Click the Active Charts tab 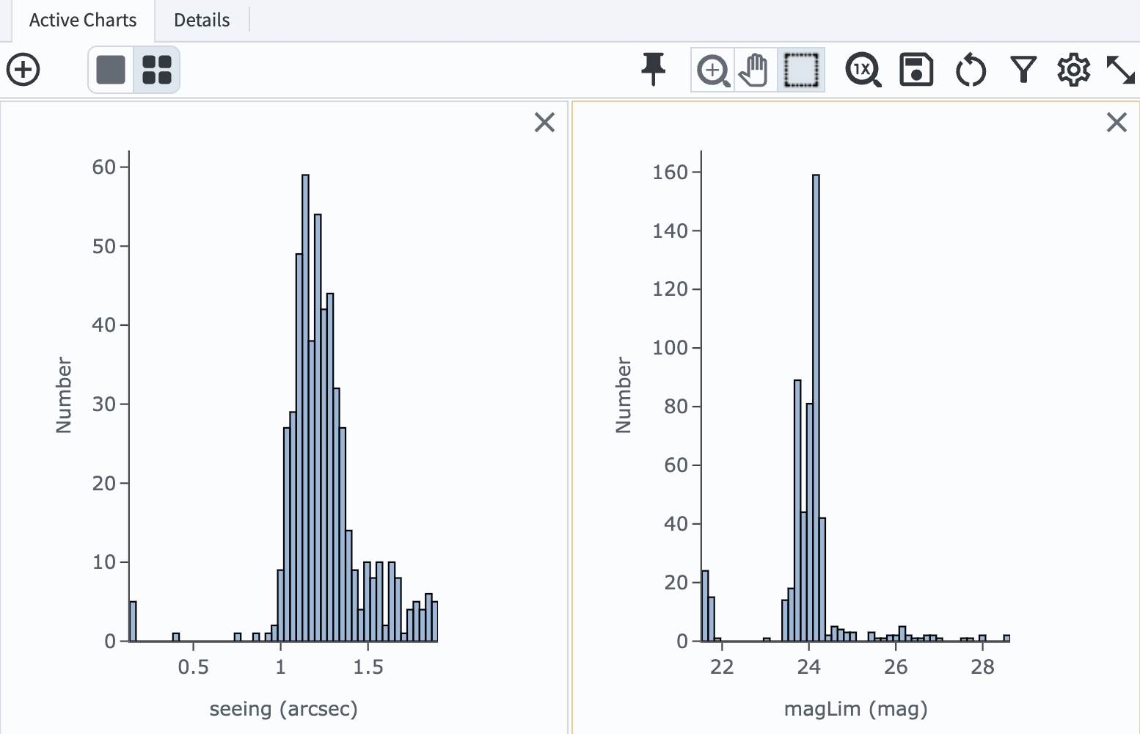pyautogui.click(x=82, y=21)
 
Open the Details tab pyautogui.click(x=202, y=21)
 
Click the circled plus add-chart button pyautogui.click(x=23, y=70)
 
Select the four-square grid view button pyautogui.click(x=156, y=70)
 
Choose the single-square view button pyautogui.click(x=111, y=70)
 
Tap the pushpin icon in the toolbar pyautogui.click(x=653, y=70)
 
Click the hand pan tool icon pyautogui.click(x=753, y=70)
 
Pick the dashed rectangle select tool pyautogui.click(x=800, y=70)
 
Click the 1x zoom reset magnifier pyautogui.click(x=863, y=70)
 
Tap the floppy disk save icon pyautogui.click(x=916, y=70)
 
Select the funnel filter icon pyautogui.click(x=1023, y=70)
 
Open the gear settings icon pyautogui.click(x=1073, y=70)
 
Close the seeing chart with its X pyautogui.click(x=544, y=122)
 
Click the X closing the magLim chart pyautogui.click(x=1116, y=122)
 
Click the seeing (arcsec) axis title pyautogui.click(x=283, y=709)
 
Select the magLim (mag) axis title pyautogui.click(x=855, y=709)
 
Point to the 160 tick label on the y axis pyautogui.click(x=670, y=172)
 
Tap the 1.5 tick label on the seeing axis pyautogui.click(x=368, y=667)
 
